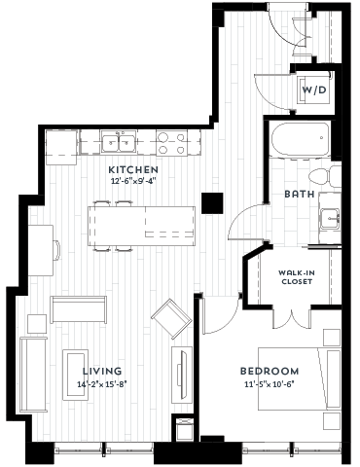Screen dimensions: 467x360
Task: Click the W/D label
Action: pos(313,90)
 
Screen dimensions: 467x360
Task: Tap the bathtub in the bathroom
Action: pos(300,141)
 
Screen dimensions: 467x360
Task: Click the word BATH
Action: pos(299,194)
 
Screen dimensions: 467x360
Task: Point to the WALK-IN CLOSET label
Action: pos(296,276)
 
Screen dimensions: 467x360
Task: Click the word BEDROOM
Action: pos(270,372)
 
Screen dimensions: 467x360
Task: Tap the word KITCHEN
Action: pos(133,167)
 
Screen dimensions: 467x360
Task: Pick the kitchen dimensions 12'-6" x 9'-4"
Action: pos(133,180)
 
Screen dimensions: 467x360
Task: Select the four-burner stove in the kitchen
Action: pos(172,144)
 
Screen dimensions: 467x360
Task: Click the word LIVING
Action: pos(102,371)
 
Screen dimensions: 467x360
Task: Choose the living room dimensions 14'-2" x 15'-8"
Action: pos(102,384)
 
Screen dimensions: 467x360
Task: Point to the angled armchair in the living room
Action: pos(170,317)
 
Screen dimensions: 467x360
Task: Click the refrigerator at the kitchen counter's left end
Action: pos(60,145)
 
